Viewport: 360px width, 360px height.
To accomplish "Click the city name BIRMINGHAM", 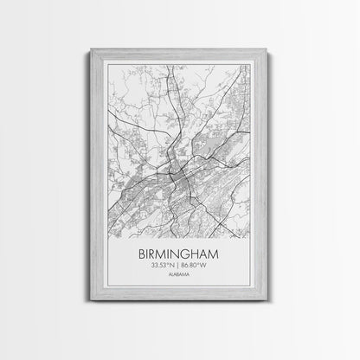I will [180, 254].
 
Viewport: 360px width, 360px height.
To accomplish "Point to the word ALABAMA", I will [180, 280].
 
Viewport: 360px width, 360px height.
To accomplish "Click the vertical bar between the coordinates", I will [180, 268].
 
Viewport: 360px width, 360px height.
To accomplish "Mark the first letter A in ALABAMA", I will [171, 280].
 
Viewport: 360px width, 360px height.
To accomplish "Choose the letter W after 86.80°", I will [211, 268].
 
